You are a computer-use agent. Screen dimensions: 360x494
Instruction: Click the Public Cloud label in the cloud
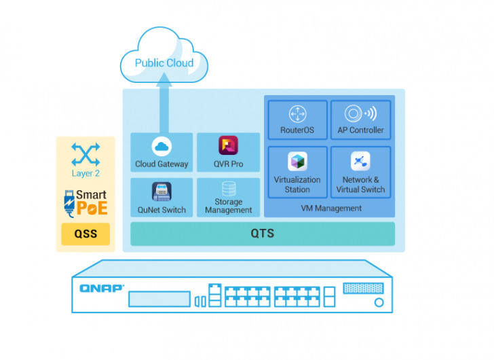(164, 63)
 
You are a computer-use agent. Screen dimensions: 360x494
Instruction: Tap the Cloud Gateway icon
(161, 146)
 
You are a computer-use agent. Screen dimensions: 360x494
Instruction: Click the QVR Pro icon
(228, 145)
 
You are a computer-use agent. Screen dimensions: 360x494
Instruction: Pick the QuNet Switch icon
(161, 192)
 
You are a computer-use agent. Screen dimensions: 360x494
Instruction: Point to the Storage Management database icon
(229, 189)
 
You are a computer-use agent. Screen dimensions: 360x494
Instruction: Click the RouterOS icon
(297, 113)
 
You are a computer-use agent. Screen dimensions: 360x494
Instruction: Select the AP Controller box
(360, 120)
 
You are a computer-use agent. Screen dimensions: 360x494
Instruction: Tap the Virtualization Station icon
(297, 162)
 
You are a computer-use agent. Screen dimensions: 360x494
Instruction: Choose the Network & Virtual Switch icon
(360, 162)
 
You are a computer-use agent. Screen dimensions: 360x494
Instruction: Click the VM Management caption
(331, 209)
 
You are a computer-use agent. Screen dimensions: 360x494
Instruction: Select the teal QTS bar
(263, 234)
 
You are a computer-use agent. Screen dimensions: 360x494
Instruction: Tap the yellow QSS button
(85, 234)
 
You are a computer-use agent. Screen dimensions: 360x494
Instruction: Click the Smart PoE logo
(85, 202)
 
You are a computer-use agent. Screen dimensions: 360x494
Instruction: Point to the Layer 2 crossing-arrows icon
(85, 154)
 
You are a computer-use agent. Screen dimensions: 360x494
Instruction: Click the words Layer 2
(85, 174)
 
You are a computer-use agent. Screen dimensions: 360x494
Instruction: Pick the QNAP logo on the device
(102, 288)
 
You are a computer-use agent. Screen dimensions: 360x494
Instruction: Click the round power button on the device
(379, 302)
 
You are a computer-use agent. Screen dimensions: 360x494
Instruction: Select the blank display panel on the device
(158, 300)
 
